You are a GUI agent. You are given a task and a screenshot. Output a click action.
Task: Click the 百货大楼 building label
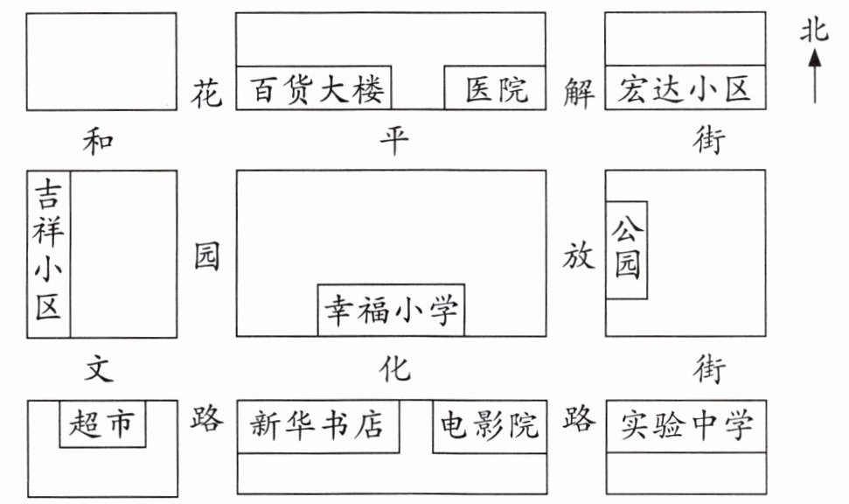click(x=316, y=89)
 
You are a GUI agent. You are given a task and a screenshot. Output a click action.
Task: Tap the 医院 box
click(x=496, y=89)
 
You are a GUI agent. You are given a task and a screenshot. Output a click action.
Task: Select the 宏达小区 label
click(x=685, y=89)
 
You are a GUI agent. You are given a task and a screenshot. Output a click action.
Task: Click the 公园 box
click(x=627, y=249)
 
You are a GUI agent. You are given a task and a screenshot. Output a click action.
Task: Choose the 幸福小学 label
click(x=391, y=310)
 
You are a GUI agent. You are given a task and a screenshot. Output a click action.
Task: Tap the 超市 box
click(x=102, y=424)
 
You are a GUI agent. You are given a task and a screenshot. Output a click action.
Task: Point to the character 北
click(x=814, y=31)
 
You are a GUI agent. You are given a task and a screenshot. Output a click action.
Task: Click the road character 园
click(x=207, y=258)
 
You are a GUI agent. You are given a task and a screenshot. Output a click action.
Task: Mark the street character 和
click(x=99, y=140)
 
